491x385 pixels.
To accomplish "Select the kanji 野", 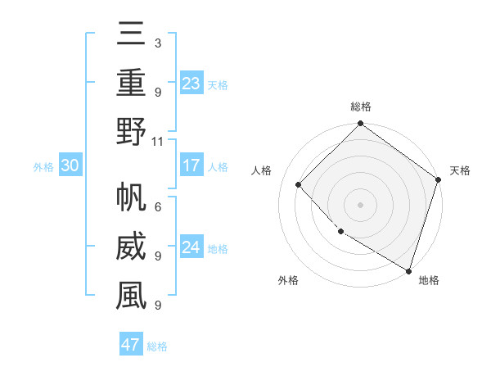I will point(130,133).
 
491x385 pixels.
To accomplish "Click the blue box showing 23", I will point(191,83).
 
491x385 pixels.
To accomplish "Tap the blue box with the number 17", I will point(191,165).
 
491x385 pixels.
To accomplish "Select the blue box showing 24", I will point(191,247).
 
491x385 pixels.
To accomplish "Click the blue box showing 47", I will point(131,345).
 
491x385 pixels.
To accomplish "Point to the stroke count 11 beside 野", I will point(158,141).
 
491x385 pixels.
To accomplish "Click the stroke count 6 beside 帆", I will point(158,207).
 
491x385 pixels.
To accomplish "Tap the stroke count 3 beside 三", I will point(158,43).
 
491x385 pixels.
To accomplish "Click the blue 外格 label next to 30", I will point(43,167).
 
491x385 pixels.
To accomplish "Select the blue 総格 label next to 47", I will point(157,346).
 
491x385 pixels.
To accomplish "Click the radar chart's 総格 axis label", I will point(361,106).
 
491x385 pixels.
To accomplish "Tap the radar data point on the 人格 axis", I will point(299,184).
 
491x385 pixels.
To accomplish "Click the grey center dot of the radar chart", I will point(361,204).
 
